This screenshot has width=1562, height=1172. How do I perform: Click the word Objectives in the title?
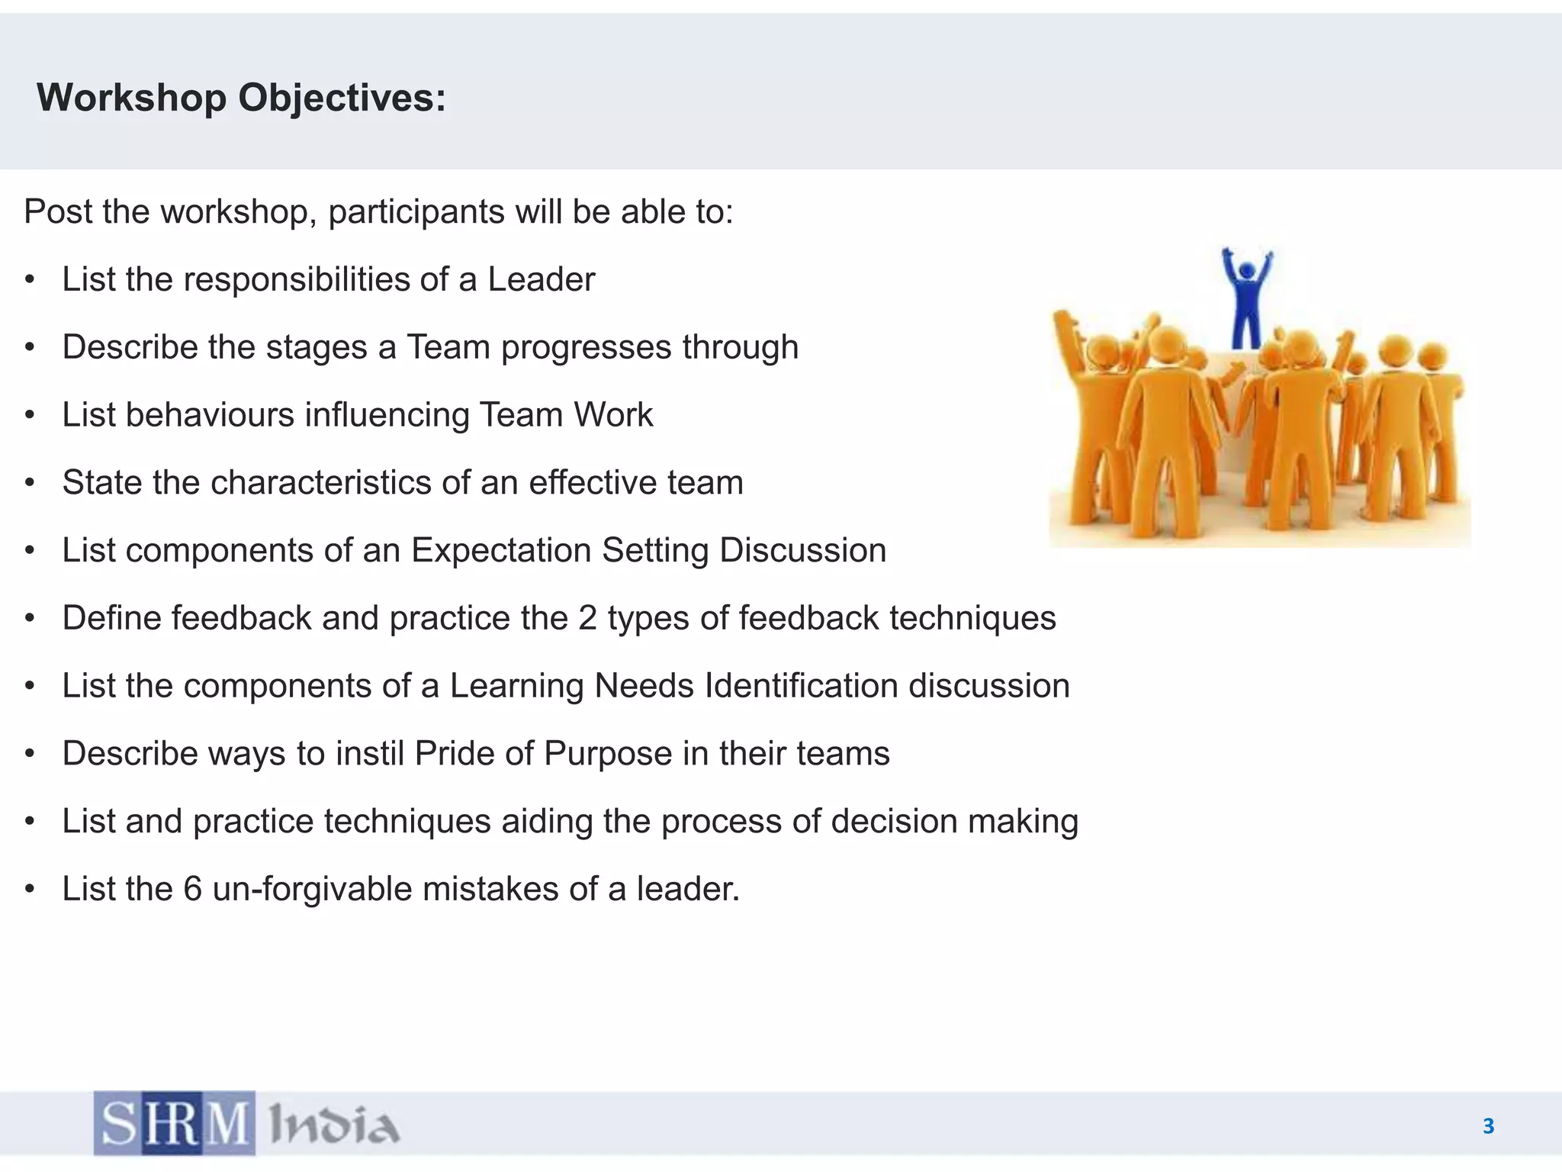pyautogui.click(x=342, y=98)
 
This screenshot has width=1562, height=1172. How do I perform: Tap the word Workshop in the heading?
pyautogui.click(x=131, y=98)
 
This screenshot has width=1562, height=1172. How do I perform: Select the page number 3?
pyautogui.click(x=1488, y=1126)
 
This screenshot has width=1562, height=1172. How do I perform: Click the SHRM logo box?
pyautogui.click(x=175, y=1123)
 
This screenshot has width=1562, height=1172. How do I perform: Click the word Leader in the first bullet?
pyautogui.click(x=541, y=279)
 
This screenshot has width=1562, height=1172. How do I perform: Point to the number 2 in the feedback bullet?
pyautogui.click(x=587, y=618)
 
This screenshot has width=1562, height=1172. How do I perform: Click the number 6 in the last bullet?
pyautogui.click(x=192, y=889)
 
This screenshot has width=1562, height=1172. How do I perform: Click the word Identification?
pyautogui.click(x=801, y=686)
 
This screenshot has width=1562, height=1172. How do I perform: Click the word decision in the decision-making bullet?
pyautogui.click(x=893, y=822)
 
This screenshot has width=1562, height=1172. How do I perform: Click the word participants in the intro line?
pyautogui.click(x=416, y=212)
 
